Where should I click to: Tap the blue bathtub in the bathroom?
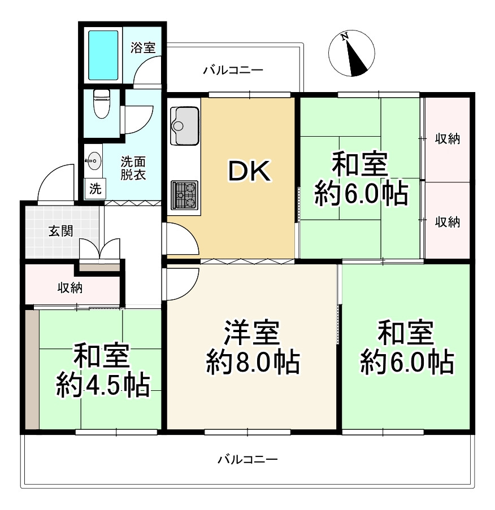coord(103,55)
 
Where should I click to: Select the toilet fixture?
coord(102,103)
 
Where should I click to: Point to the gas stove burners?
coord(184,195)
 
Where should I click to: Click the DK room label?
coord(249,172)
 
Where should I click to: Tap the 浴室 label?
coord(143,48)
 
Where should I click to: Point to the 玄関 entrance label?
coord(60,231)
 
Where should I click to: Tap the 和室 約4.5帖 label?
coord(102,370)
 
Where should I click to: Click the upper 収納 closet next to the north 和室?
coord(447,139)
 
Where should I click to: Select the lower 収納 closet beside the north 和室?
coord(447,221)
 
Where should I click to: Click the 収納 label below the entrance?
coord(70,287)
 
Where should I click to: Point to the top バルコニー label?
coord(233,71)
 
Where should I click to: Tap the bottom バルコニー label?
coord(248,460)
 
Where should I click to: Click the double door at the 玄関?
coord(100,249)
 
